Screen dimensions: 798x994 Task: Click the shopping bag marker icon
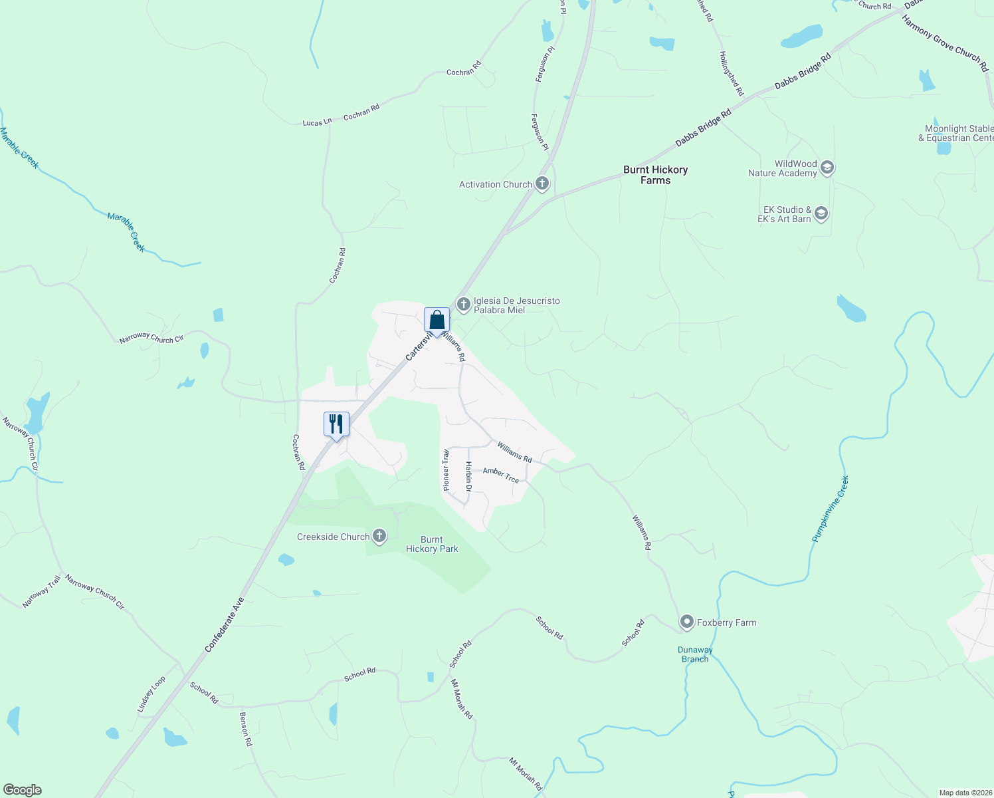coord(437,320)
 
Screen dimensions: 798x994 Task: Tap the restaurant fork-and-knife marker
coord(336,424)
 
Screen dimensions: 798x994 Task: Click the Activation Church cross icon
coord(542,184)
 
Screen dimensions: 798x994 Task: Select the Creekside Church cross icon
coord(379,536)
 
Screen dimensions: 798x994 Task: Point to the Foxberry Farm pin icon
coord(686,622)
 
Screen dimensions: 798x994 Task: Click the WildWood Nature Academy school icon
coord(827,168)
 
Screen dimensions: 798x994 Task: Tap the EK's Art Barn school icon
coord(821,213)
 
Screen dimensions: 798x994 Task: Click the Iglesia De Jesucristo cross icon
coord(464,305)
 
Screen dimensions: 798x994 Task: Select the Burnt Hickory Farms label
coord(655,175)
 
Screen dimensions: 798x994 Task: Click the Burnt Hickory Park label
coord(432,544)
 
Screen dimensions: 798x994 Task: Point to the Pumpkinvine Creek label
coord(830,509)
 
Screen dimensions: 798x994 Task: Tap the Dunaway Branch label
coord(695,654)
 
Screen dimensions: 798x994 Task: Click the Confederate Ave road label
coord(225,624)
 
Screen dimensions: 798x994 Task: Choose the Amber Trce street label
coord(501,475)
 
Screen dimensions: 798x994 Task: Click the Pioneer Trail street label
coord(447,470)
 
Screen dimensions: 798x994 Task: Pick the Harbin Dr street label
coord(468,477)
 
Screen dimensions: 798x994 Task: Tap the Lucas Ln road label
coord(317,122)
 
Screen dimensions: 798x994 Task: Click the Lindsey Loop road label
coord(151,695)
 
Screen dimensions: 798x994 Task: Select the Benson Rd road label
coord(245,729)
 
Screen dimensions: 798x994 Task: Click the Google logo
coord(23,790)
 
